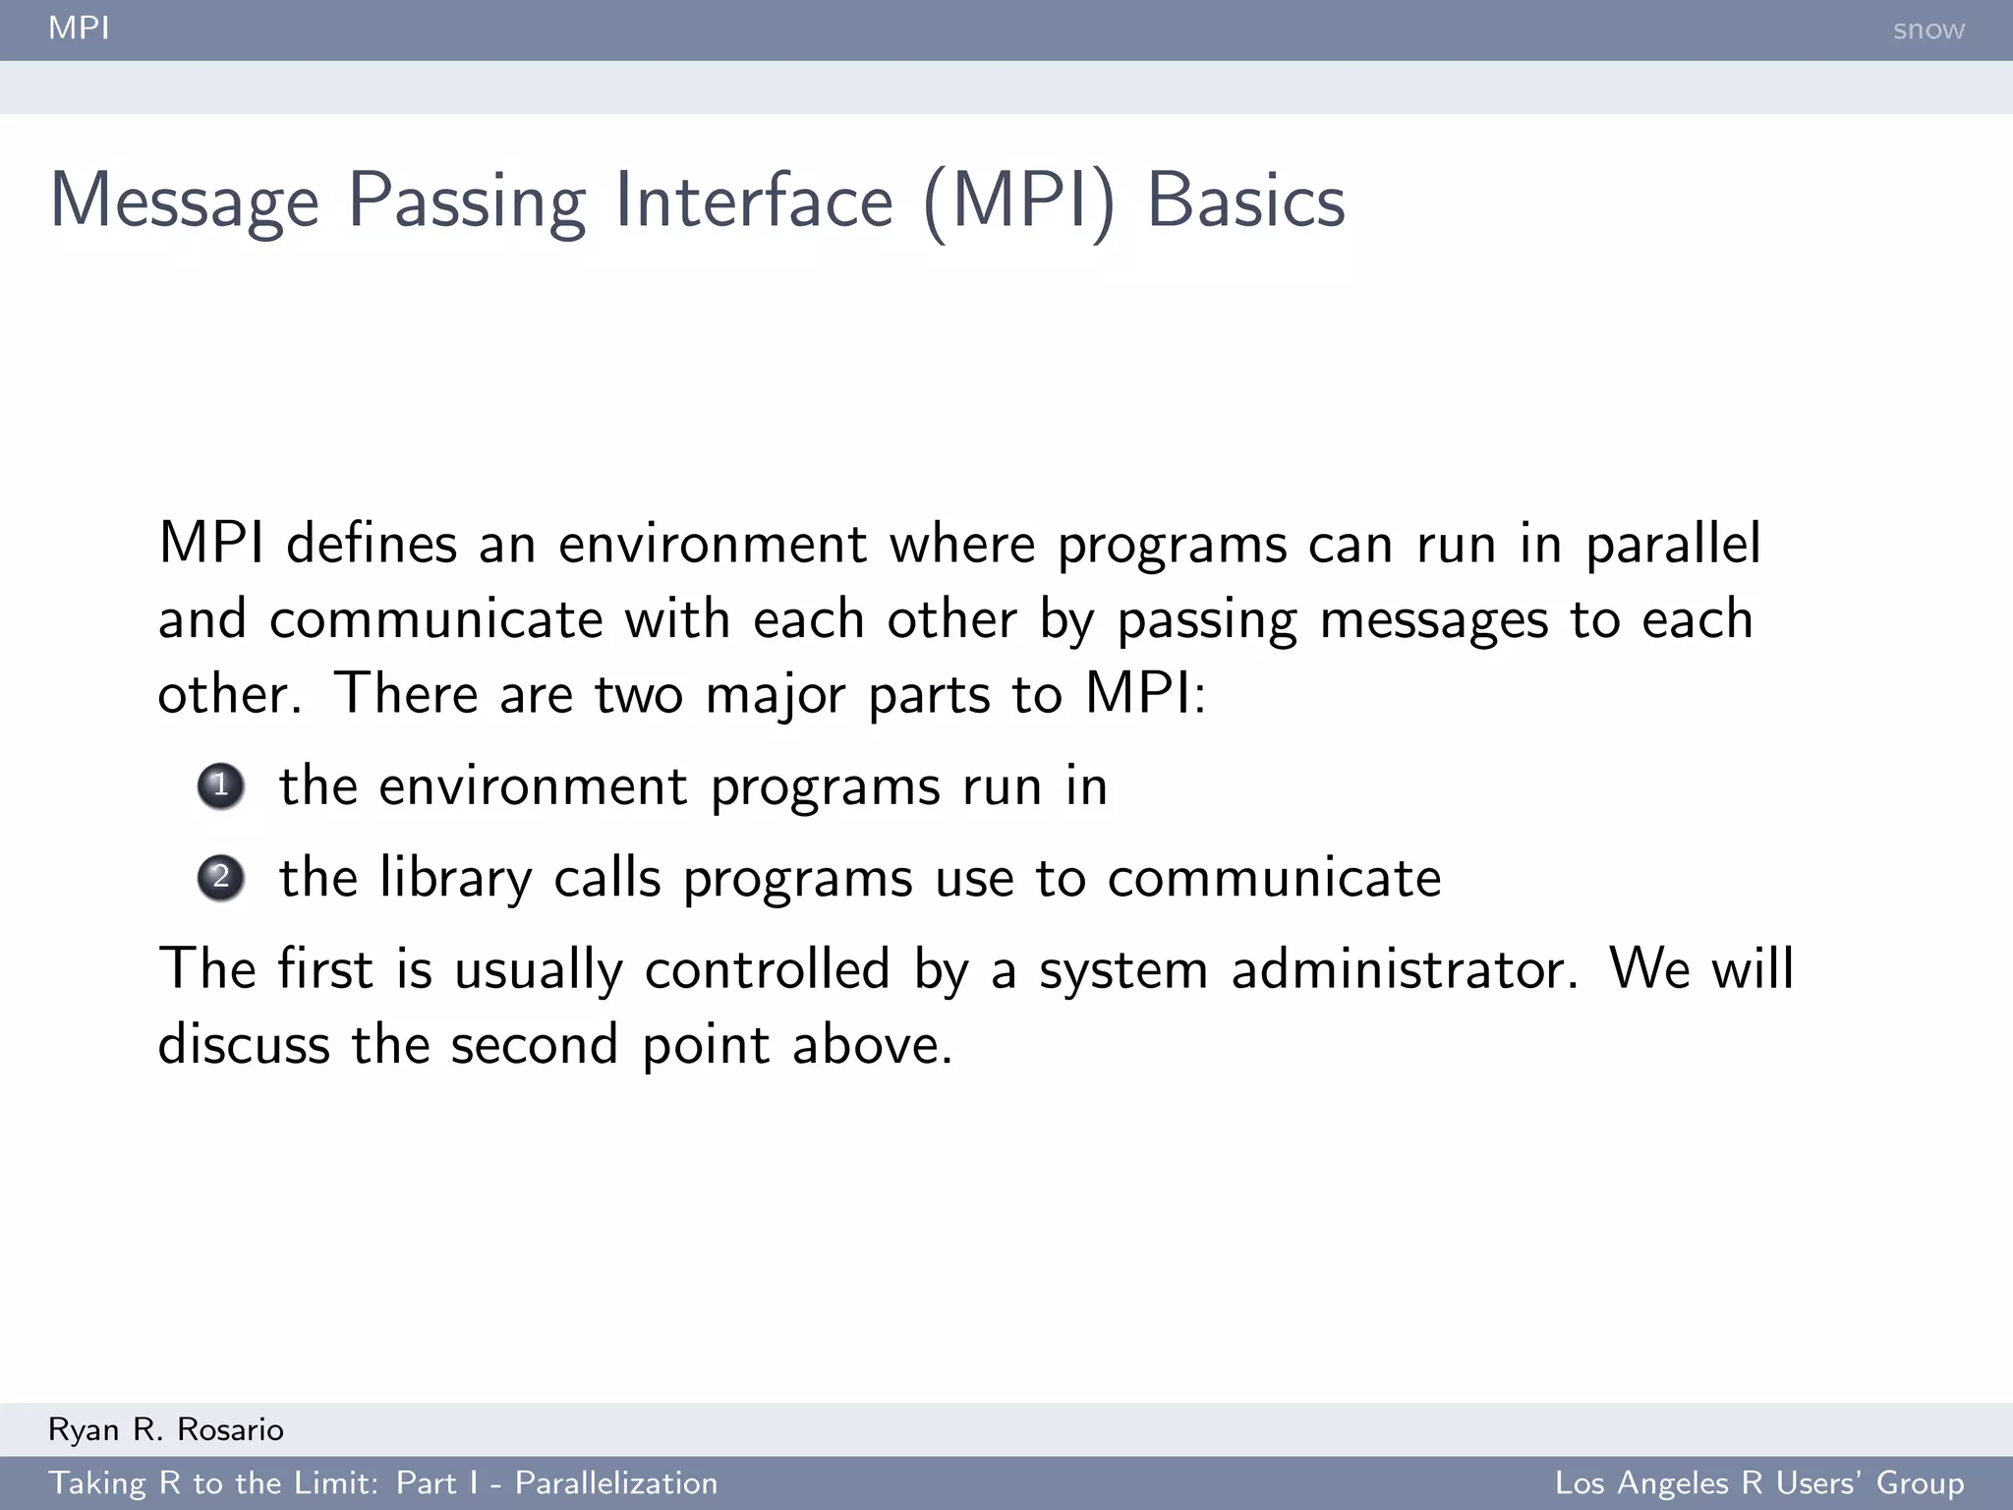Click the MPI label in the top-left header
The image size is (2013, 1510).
[x=79, y=28]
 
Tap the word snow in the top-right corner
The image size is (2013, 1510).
[x=1927, y=29]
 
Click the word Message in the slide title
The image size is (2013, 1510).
[x=185, y=202]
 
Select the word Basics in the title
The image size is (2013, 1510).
[x=1245, y=202]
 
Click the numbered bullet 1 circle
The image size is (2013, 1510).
[x=221, y=785]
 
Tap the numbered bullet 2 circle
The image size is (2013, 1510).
[x=221, y=877]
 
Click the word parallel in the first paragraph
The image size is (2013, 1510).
[x=1673, y=545]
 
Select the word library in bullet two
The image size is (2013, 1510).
[x=454, y=878]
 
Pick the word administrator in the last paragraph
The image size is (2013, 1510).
[x=1405, y=969]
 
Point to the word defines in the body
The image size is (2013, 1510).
[x=372, y=544]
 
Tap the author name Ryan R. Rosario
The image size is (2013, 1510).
[x=166, y=1429]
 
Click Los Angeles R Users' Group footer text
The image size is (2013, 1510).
[x=1758, y=1482]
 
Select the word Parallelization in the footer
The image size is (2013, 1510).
[x=616, y=1482]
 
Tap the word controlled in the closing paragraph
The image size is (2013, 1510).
[x=767, y=969]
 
